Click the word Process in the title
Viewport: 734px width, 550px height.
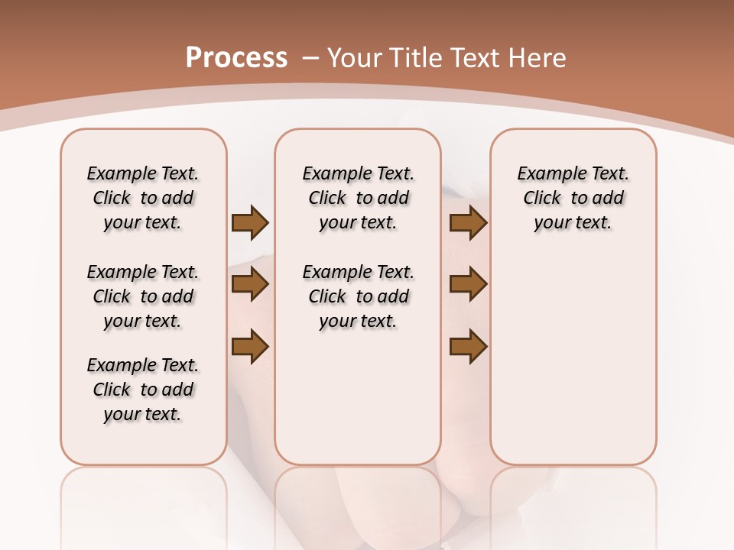[236, 58]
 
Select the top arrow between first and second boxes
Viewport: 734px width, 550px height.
[250, 223]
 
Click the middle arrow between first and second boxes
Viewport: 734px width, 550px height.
[250, 284]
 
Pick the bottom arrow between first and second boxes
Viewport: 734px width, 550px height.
[250, 346]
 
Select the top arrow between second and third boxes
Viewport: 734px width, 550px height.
[468, 223]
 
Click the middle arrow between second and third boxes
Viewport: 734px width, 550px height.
[468, 284]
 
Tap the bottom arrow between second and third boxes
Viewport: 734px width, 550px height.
[468, 346]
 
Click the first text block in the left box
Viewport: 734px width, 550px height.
[143, 198]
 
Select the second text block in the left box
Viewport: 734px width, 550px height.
[143, 296]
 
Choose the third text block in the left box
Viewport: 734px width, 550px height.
[143, 390]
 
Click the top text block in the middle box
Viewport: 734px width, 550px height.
[358, 198]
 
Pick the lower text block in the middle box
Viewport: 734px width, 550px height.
[358, 296]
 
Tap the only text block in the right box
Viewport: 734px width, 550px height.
[573, 198]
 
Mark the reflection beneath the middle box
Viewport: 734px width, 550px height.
[358, 504]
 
